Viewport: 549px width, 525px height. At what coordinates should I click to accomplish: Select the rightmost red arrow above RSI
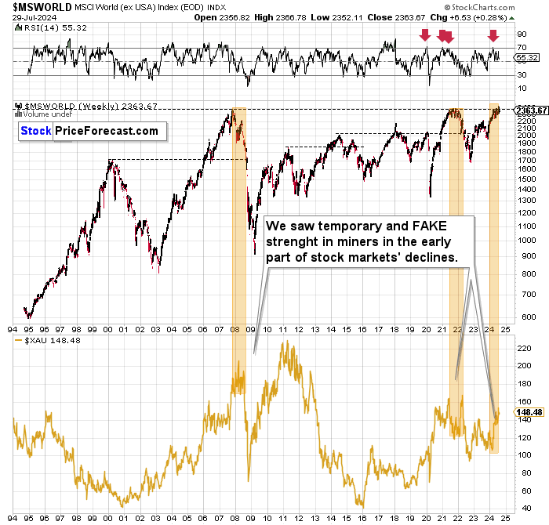493,35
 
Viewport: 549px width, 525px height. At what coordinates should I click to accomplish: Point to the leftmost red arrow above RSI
424,34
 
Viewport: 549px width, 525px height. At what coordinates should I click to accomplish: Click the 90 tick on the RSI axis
519,34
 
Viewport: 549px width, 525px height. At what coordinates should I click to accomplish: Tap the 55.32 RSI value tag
525,57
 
